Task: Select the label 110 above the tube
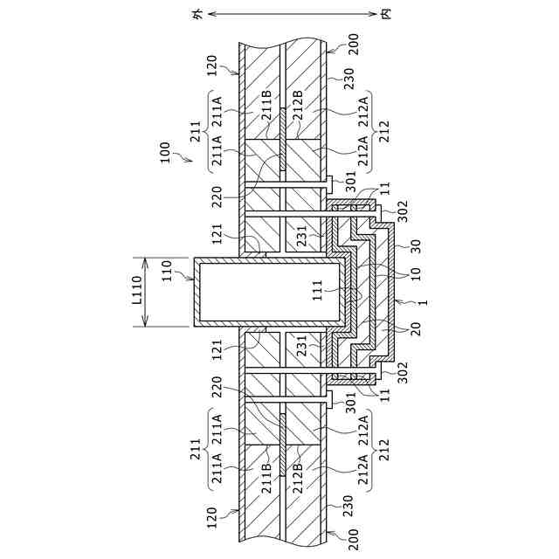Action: [x=166, y=279]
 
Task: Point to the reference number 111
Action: [x=319, y=289]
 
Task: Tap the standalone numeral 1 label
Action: [x=424, y=301]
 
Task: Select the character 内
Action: [x=385, y=15]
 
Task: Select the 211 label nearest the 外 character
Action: [x=194, y=132]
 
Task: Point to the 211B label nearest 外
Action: [x=266, y=103]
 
